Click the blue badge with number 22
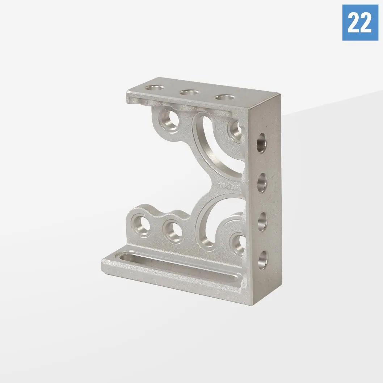(x=360, y=22)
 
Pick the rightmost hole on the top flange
(x=224, y=97)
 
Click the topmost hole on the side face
(x=262, y=143)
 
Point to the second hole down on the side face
(x=262, y=183)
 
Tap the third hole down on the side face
(x=262, y=221)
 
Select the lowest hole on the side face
(x=262, y=259)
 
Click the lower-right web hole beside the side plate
(x=238, y=243)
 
